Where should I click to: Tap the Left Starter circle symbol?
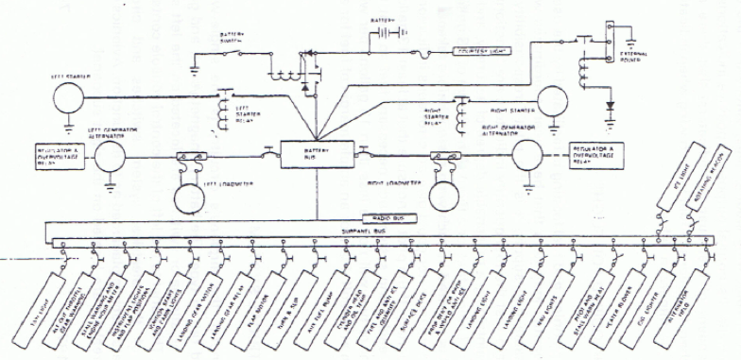point(68,97)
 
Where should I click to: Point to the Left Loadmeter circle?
point(195,196)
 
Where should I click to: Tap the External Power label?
point(633,57)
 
